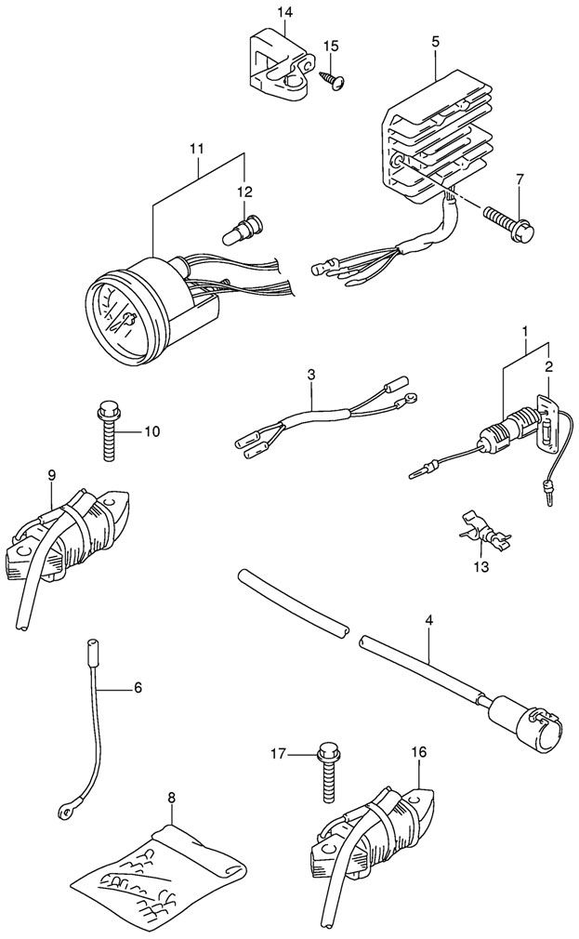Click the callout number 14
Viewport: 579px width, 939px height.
pyautogui.click(x=283, y=11)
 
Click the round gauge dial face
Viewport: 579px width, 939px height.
pyautogui.click(x=120, y=316)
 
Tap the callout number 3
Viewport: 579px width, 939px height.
pyautogui.click(x=310, y=375)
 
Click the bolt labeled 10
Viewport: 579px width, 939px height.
pyautogui.click(x=109, y=432)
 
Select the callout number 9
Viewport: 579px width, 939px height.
pyautogui.click(x=52, y=475)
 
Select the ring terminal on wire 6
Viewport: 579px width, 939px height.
pyautogui.click(x=65, y=812)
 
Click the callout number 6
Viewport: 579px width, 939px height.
pyautogui.click(x=138, y=687)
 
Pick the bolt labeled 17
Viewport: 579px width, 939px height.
pyautogui.click(x=326, y=772)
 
